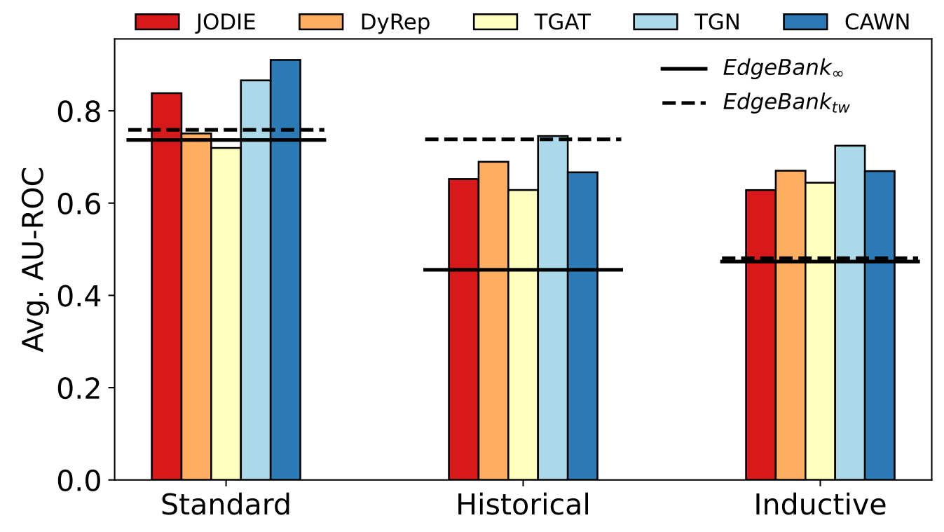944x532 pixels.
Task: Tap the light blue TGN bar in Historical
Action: (553, 308)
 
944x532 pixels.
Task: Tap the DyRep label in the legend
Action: (395, 22)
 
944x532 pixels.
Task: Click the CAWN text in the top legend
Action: (877, 22)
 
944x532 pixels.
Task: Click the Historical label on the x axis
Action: (523, 505)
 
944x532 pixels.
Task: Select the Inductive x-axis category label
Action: (820, 505)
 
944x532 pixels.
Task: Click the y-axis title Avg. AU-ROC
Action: (33, 259)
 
